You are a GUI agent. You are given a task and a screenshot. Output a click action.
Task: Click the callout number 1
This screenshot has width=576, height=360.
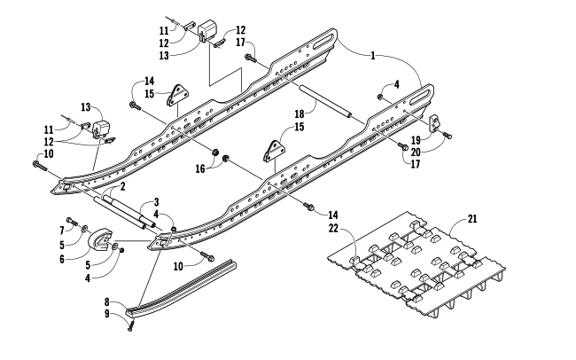373,56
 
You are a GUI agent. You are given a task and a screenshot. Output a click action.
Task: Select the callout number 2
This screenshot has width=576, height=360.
122,187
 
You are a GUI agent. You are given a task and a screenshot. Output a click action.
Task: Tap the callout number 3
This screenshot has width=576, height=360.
156,202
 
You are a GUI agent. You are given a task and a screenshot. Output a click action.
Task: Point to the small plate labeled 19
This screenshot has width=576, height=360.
434,121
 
